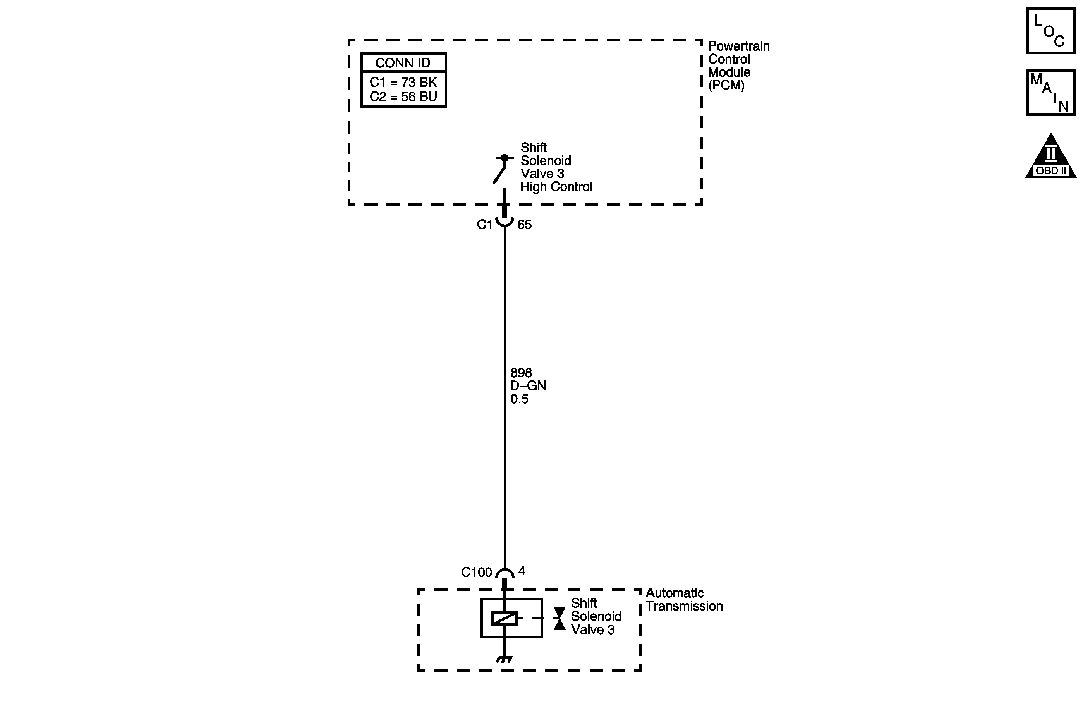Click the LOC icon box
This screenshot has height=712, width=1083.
click(x=1051, y=31)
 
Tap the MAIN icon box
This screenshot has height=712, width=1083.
click(x=1051, y=93)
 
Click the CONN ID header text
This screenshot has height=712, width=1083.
click(x=403, y=63)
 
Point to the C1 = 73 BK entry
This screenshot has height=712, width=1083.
click(x=403, y=83)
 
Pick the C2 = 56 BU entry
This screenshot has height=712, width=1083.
click(x=403, y=97)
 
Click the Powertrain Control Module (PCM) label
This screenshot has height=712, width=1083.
click(x=738, y=65)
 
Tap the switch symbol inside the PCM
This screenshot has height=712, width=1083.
click(x=501, y=169)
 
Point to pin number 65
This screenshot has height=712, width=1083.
click(x=524, y=225)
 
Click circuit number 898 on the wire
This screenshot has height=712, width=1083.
click(x=521, y=373)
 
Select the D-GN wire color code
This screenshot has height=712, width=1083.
click(x=528, y=386)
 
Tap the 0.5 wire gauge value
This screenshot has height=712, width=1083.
click(x=519, y=399)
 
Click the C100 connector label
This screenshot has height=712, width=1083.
click(x=476, y=572)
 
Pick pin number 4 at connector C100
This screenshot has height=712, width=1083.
click(x=522, y=571)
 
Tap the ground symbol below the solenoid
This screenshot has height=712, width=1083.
click(x=504, y=659)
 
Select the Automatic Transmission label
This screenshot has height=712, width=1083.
click(x=683, y=600)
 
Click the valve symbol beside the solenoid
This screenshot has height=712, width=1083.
click(x=559, y=618)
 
